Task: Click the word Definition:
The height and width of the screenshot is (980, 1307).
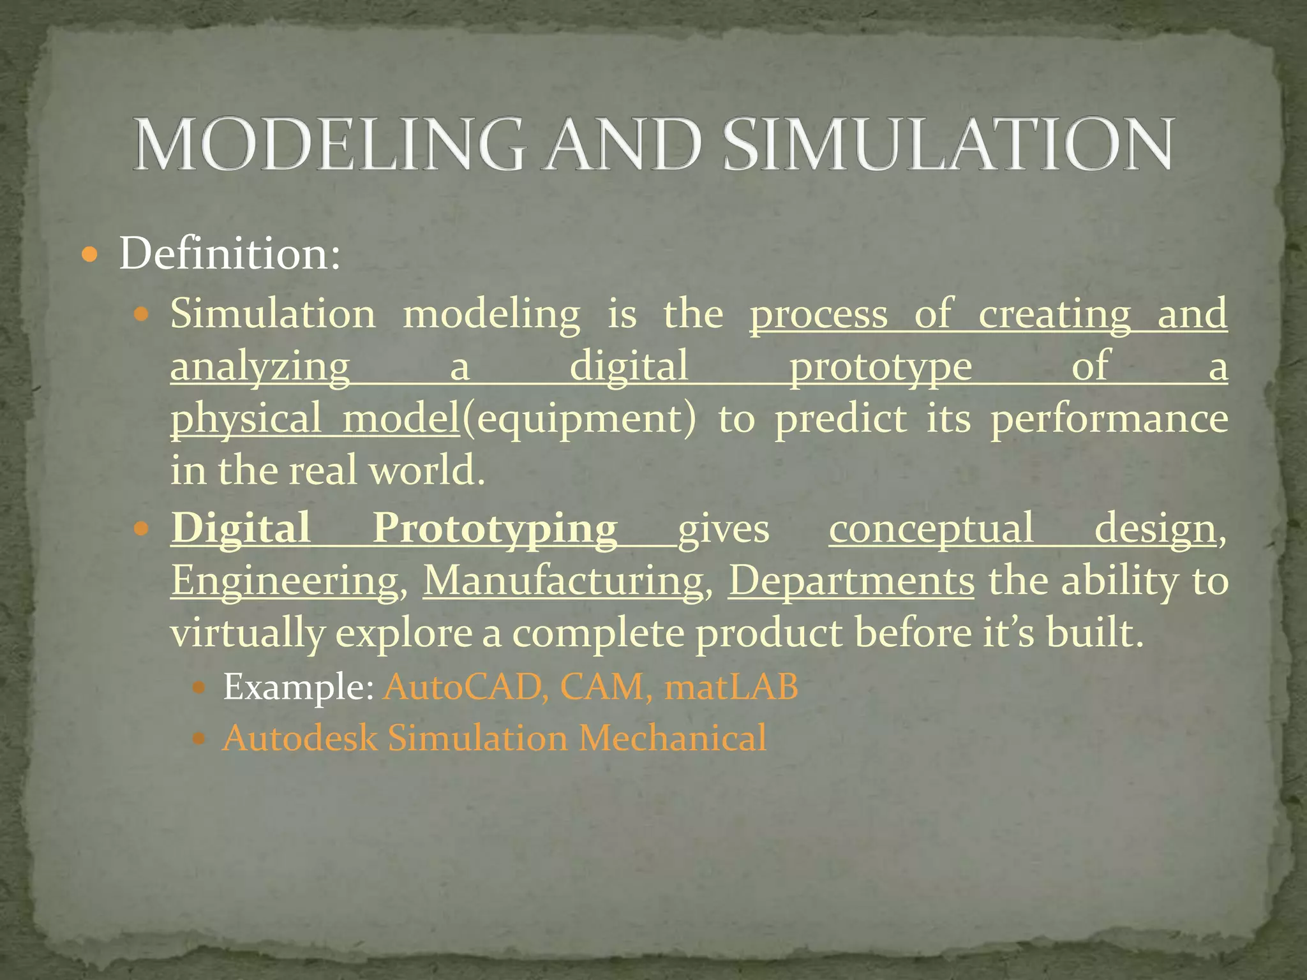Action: (x=230, y=254)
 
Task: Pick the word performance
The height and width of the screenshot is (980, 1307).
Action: (x=1109, y=420)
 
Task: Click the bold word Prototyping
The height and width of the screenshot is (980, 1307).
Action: (x=495, y=528)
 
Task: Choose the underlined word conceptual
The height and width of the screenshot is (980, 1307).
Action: (x=930, y=528)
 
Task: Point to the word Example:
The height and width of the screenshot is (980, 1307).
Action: (x=298, y=687)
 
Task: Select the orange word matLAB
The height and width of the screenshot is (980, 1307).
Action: (x=731, y=687)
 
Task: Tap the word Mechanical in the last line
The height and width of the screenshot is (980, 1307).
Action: (x=673, y=738)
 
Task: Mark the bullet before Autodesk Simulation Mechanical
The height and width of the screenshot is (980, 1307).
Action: (x=199, y=739)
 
